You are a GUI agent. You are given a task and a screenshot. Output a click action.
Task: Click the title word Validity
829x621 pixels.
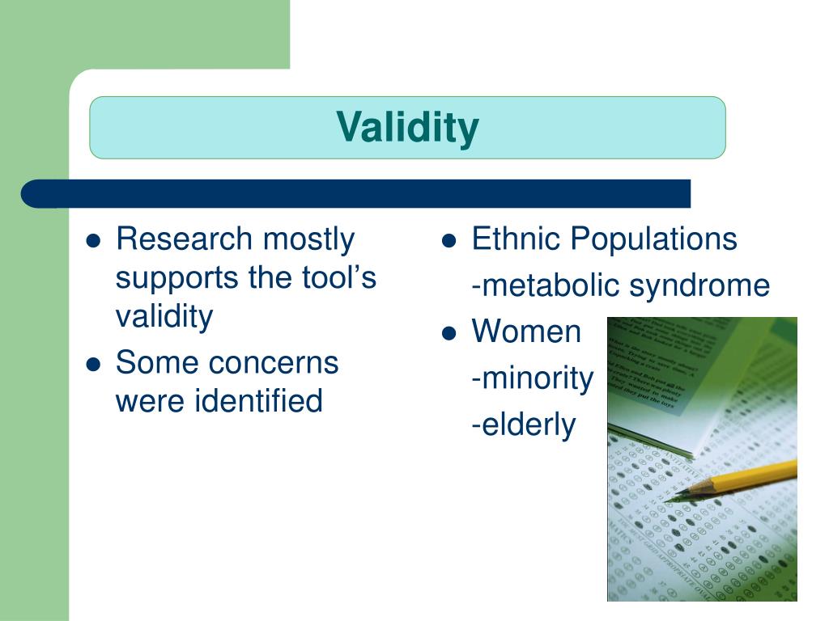(x=407, y=127)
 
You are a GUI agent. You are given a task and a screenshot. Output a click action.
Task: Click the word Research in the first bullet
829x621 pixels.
(x=184, y=239)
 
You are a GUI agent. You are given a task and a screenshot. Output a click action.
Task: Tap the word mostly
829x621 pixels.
(x=308, y=239)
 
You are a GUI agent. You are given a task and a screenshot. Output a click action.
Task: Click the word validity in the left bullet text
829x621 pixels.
(x=164, y=316)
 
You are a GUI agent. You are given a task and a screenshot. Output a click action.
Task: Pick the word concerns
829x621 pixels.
(x=274, y=362)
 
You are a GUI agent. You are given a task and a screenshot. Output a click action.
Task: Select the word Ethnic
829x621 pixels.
(x=515, y=239)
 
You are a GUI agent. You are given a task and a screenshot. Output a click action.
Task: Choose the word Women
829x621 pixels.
(x=526, y=332)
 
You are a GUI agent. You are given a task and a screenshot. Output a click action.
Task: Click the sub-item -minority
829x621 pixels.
(x=532, y=378)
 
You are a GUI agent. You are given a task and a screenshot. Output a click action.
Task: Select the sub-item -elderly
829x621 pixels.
(x=523, y=424)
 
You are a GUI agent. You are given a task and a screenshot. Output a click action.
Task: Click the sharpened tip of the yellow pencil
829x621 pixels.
(x=669, y=497)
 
